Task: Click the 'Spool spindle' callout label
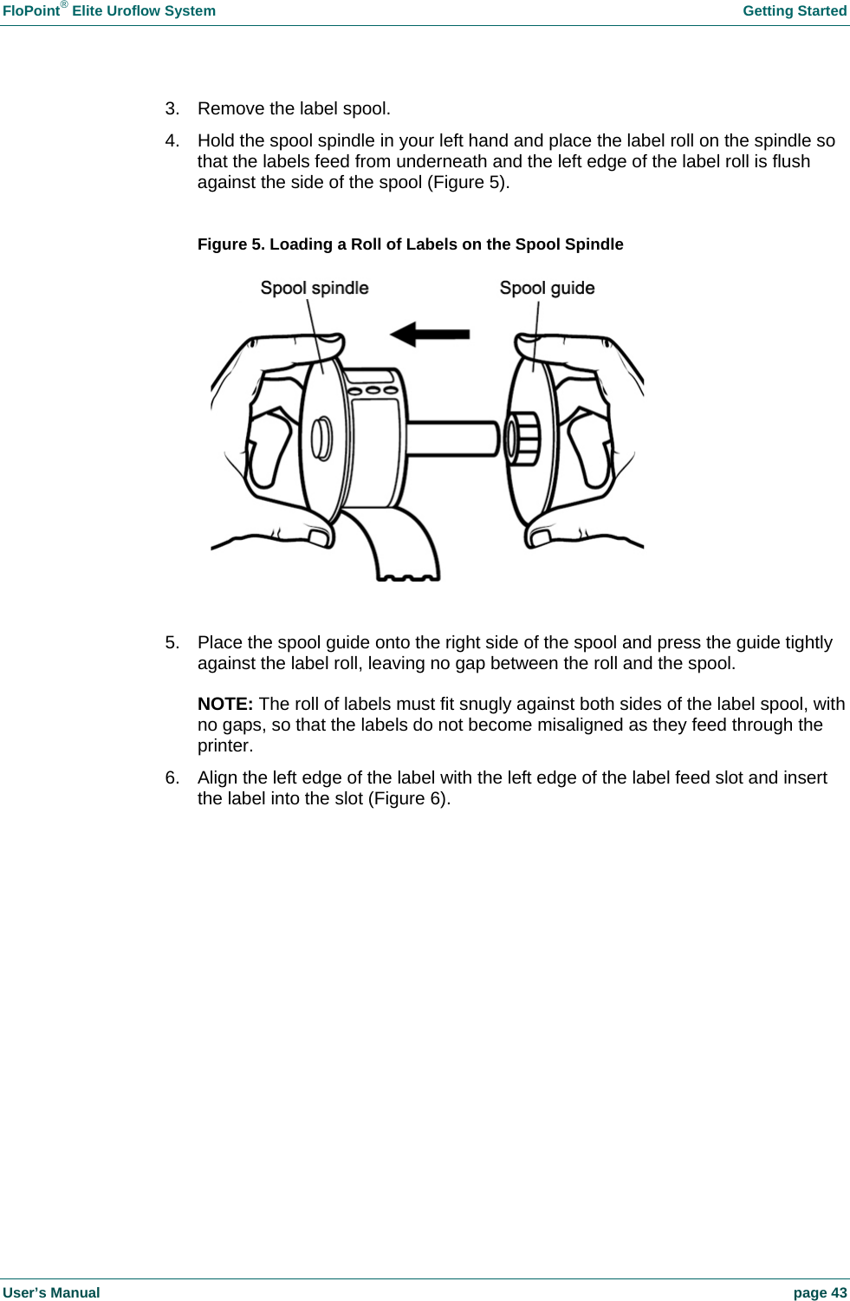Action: (x=315, y=289)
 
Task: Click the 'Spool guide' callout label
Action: (x=547, y=289)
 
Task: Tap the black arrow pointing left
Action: (x=430, y=334)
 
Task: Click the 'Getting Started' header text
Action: (x=794, y=11)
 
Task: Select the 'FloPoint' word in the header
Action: (x=31, y=11)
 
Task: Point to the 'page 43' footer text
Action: (x=820, y=1292)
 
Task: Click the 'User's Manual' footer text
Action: (x=51, y=1292)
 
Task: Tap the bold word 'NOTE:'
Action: (x=225, y=704)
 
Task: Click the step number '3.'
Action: (x=172, y=108)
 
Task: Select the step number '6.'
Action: (x=172, y=777)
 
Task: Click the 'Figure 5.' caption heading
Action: (x=231, y=244)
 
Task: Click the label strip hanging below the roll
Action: (x=403, y=546)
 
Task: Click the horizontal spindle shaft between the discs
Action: (x=451, y=438)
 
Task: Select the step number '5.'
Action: (x=172, y=642)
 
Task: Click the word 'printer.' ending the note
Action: (x=225, y=745)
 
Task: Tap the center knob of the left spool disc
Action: (x=321, y=439)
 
